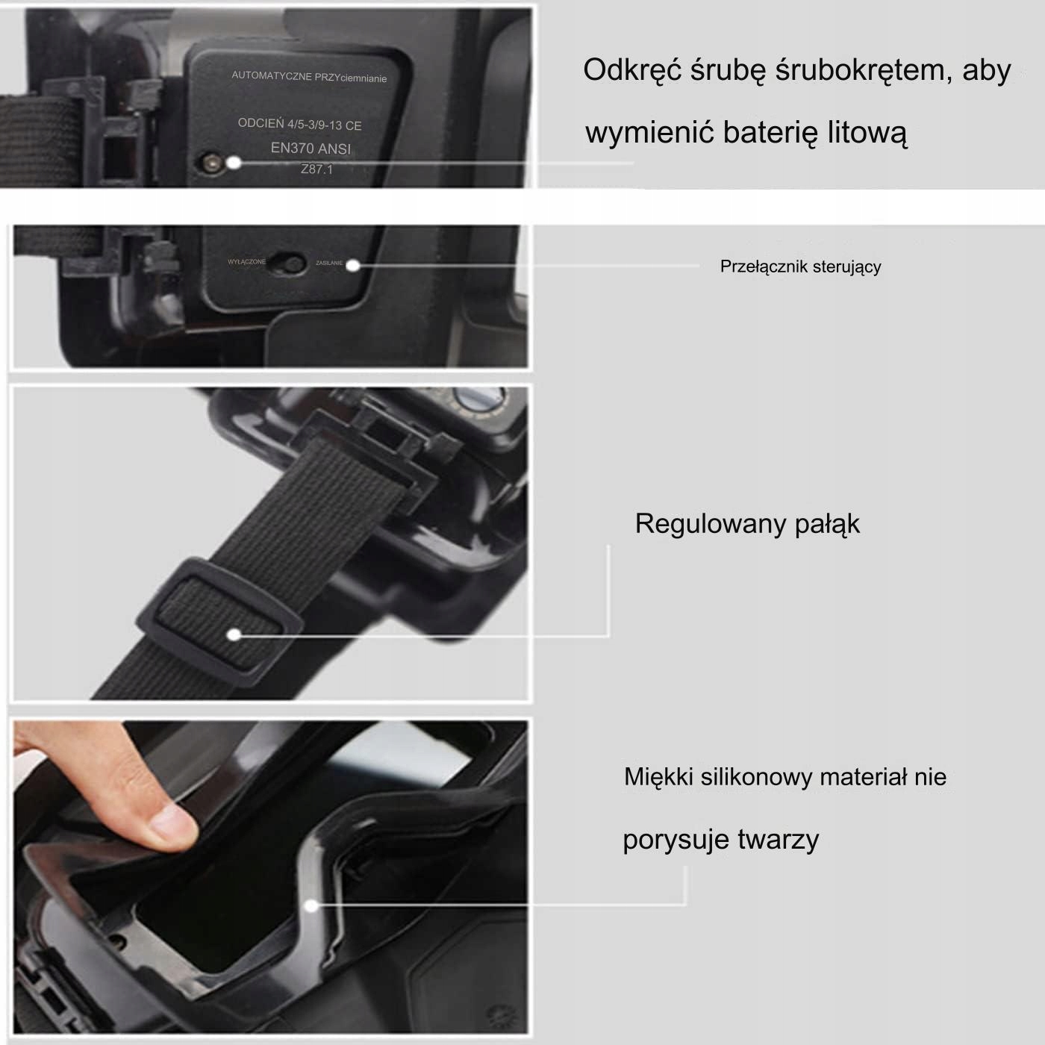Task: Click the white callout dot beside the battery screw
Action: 234,162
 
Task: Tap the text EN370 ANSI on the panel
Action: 311,148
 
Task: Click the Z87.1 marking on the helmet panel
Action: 316,169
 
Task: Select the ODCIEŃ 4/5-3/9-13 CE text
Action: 300,124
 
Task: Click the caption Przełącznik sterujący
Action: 800,266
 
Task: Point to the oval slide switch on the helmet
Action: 287,263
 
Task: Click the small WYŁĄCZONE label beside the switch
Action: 247,262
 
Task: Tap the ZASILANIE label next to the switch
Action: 329,263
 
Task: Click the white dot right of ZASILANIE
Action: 353,265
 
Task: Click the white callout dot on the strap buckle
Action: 234,634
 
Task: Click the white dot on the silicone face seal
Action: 311,905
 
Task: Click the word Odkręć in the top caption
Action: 631,71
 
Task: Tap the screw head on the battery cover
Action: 209,162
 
